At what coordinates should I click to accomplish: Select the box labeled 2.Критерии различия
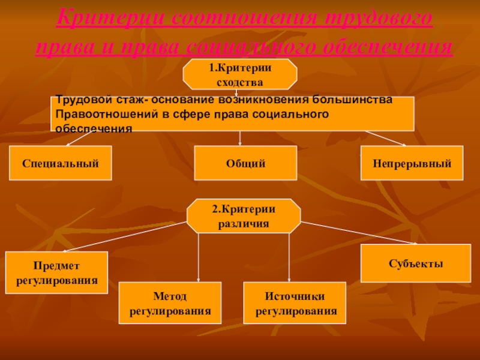point(244,216)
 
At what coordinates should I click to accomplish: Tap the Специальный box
point(60,163)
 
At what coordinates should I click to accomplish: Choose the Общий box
point(246,163)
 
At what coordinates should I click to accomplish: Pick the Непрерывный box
point(412,163)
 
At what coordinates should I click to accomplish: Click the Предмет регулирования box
point(56,272)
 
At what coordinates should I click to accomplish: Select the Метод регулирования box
point(170,304)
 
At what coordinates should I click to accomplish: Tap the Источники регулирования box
point(295,304)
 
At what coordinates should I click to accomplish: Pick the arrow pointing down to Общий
point(240,138)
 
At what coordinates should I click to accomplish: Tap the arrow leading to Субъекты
point(360,232)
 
